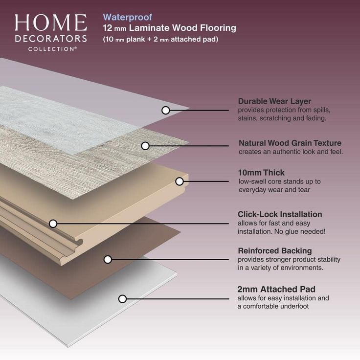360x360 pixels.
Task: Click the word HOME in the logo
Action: pyautogui.click(x=50, y=23)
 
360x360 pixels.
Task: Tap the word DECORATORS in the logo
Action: pyautogui.click(x=50, y=38)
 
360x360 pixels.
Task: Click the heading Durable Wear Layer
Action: pyautogui.click(x=274, y=101)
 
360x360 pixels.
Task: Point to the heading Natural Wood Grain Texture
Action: pyautogui.click(x=290, y=143)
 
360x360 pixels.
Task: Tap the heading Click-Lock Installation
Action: pyautogui.click(x=280, y=214)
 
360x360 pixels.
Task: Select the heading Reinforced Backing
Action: pyautogui.click(x=274, y=251)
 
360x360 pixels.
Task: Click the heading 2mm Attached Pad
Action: pyautogui.click(x=276, y=289)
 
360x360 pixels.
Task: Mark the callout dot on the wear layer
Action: pyautogui.click(x=166, y=110)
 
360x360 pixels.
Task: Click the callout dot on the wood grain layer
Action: pyautogui.click(x=145, y=146)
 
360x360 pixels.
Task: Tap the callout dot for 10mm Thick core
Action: pyautogui.click(x=180, y=181)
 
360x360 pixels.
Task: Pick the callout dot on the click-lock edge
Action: pyautogui.click(x=53, y=224)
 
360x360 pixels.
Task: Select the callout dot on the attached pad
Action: pyautogui.click(x=123, y=298)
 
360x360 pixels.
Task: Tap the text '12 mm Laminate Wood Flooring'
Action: pyautogui.click(x=169, y=28)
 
